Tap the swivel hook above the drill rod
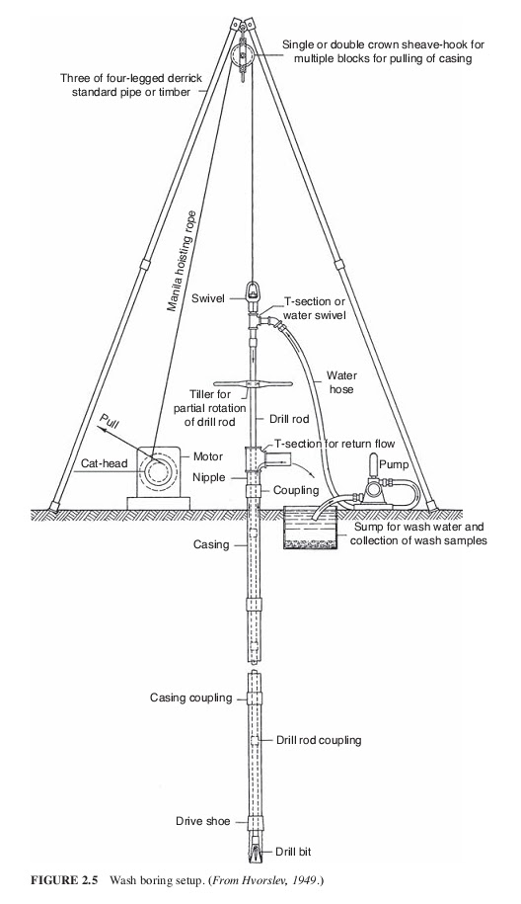(251, 293)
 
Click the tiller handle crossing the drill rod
(251, 385)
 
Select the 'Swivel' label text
(210, 297)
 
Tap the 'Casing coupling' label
(190, 698)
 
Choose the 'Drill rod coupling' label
(316, 740)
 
